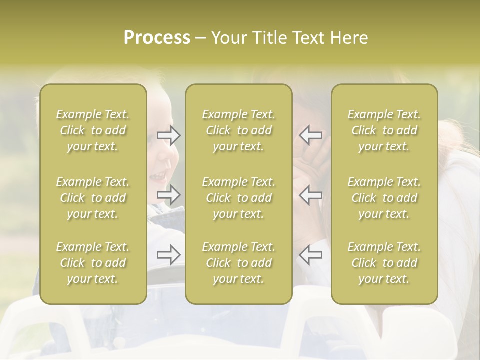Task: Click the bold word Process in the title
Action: click(157, 38)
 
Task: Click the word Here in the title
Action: click(349, 38)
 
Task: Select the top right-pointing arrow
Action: click(169, 135)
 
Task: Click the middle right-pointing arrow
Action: click(169, 195)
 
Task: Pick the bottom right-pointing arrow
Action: click(169, 255)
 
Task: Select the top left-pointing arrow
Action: click(310, 135)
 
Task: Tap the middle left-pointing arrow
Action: click(310, 195)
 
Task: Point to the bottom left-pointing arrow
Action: click(310, 255)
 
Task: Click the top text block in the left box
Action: click(93, 130)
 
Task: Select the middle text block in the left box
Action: click(93, 198)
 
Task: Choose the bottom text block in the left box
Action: click(93, 263)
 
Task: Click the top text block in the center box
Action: click(238, 130)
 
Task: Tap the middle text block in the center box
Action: click(238, 198)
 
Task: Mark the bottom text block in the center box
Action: click(238, 263)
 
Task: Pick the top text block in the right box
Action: click(384, 130)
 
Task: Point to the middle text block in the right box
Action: click(384, 198)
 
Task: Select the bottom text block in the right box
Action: click(384, 263)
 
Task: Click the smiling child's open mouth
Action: click(159, 175)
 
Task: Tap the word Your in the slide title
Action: click(229, 38)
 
